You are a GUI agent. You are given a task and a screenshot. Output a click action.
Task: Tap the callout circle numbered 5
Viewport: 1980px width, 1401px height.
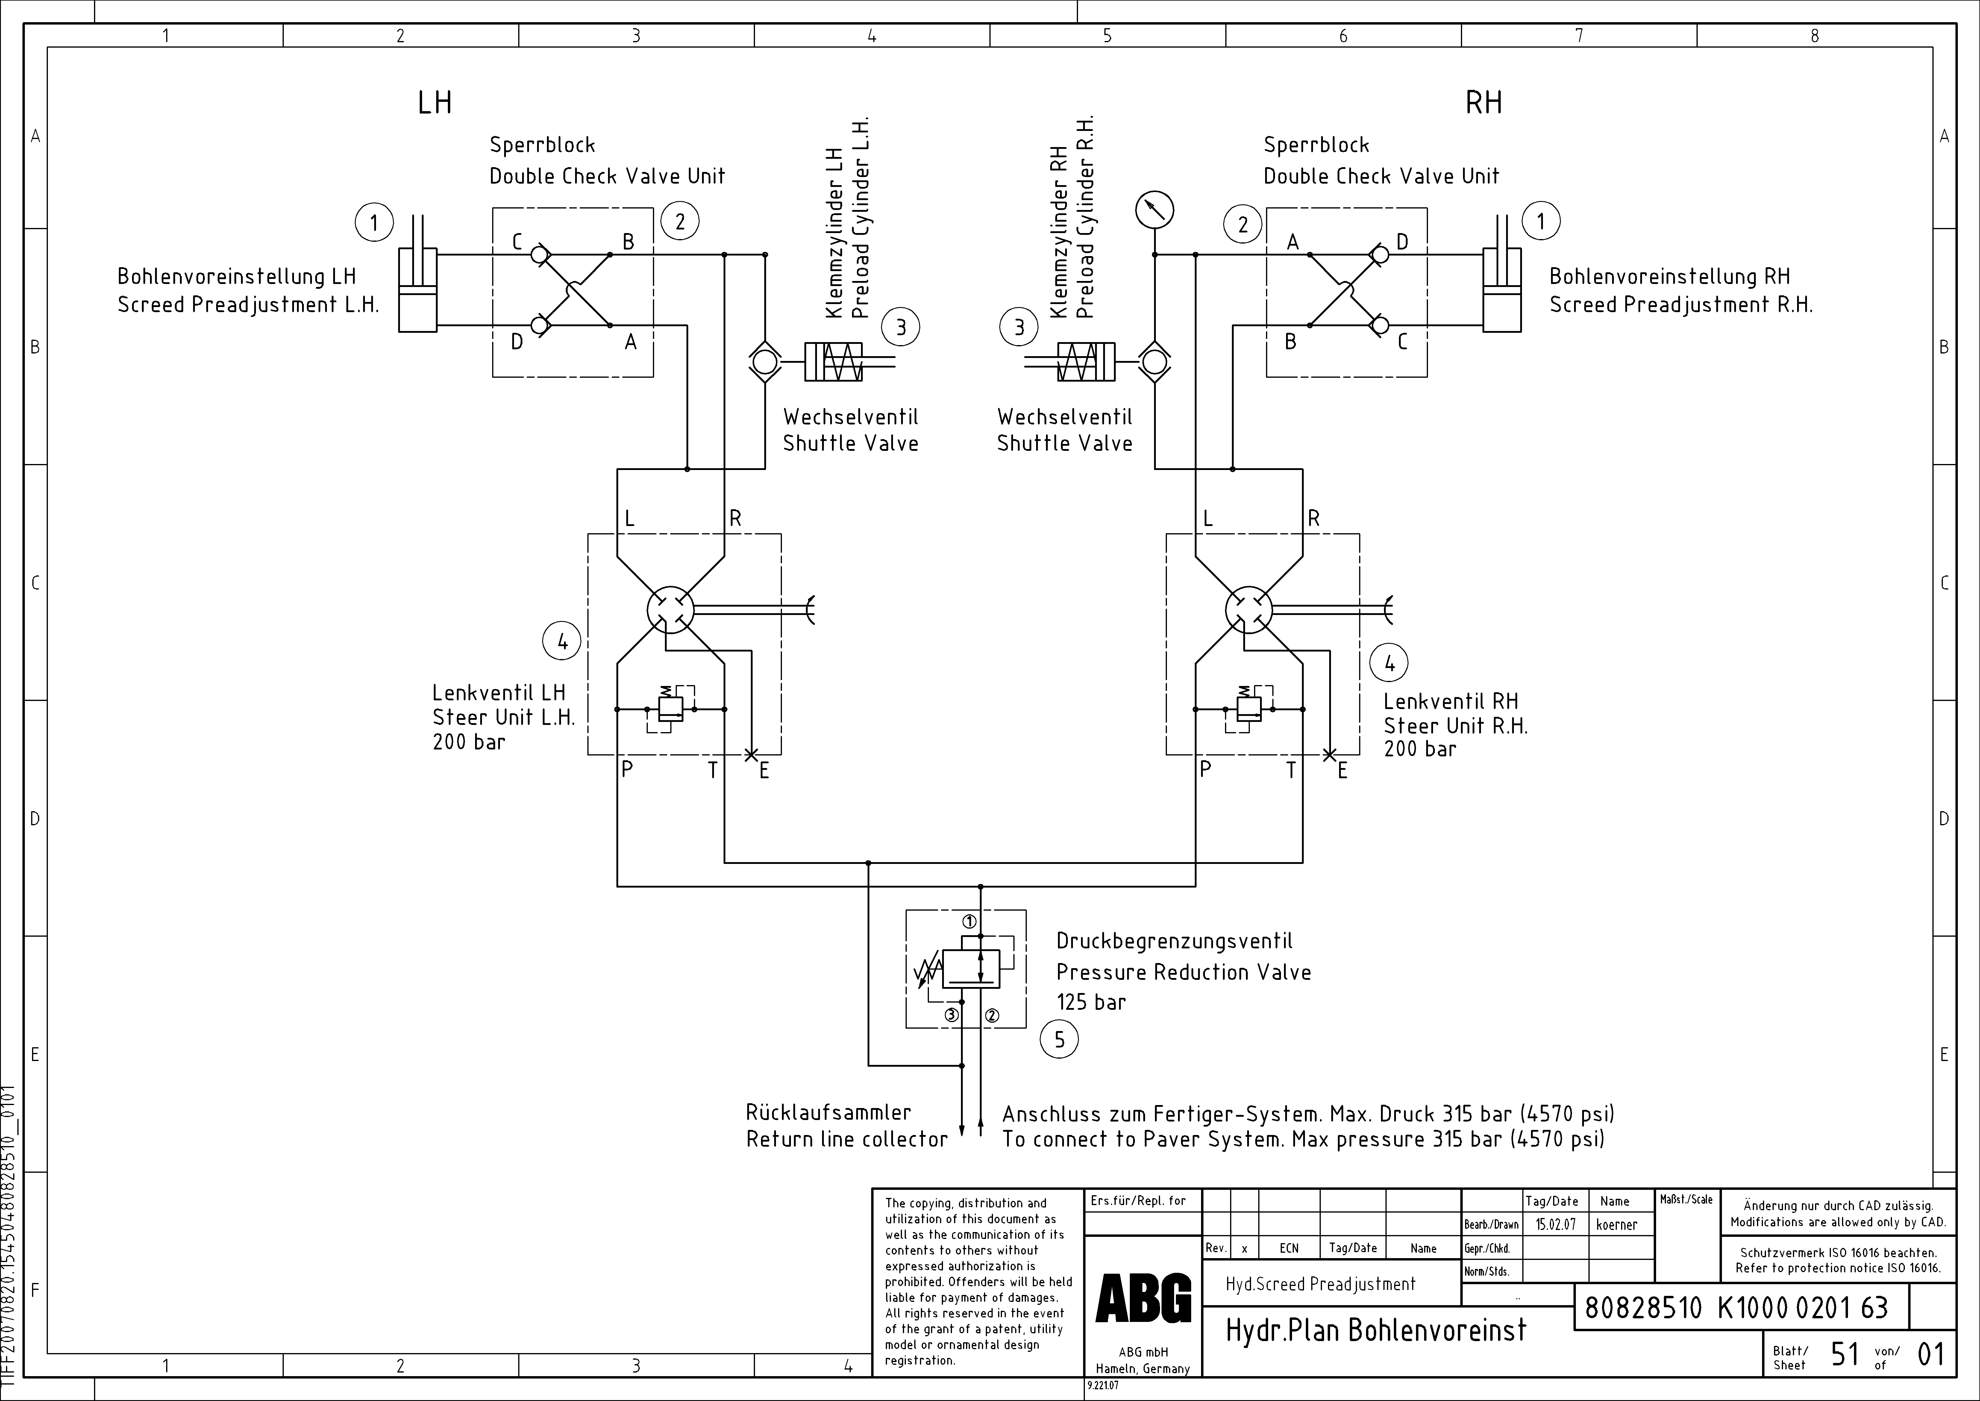(x=1059, y=1039)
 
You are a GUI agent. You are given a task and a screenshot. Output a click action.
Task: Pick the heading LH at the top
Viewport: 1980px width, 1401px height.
(x=435, y=103)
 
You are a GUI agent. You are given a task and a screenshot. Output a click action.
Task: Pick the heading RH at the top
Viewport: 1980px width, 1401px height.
(x=1483, y=103)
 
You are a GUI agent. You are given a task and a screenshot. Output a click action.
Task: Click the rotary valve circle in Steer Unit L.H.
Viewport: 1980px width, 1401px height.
(x=670, y=610)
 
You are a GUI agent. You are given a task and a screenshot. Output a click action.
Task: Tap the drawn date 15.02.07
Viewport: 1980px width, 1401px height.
(x=1555, y=1224)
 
